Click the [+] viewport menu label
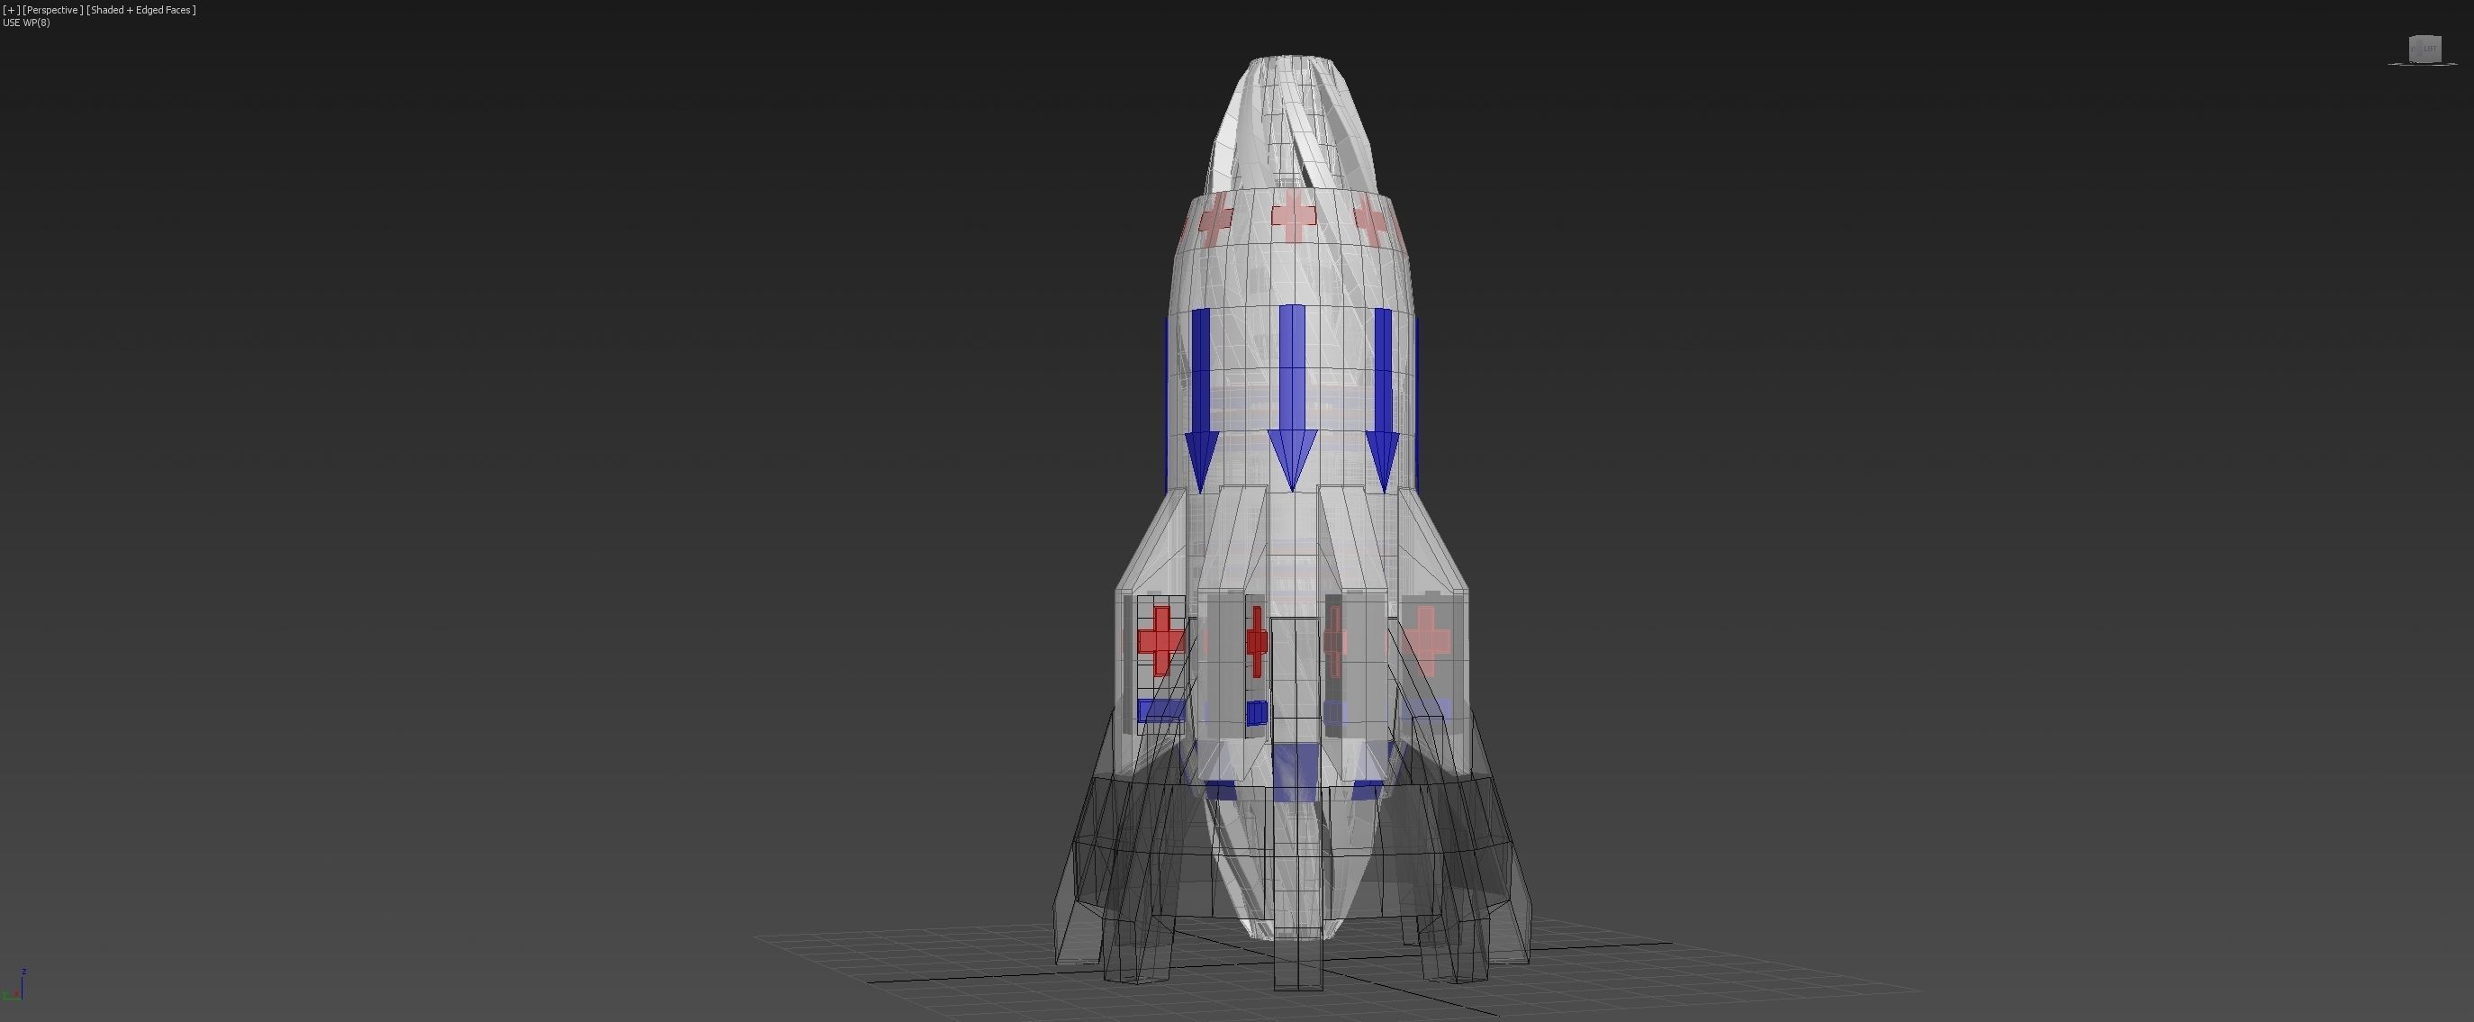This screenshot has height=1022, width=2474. point(11,10)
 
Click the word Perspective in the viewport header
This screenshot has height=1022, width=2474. point(52,10)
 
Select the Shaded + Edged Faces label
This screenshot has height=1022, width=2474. point(141,10)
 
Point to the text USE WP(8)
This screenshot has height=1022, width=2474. point(27,23)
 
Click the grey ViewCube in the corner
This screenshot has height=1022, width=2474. point(2425,49)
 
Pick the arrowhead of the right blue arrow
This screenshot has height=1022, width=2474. point(1382,459)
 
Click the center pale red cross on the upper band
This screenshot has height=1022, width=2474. point(1294,216)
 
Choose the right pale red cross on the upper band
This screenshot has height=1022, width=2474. point(1371,221)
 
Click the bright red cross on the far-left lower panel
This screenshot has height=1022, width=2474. point(1161,638)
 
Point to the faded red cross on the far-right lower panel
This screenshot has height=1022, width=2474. point(1426,638)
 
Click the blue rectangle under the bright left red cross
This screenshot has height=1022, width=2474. point(1161,710)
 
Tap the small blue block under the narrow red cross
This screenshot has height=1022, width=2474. point(1256,713)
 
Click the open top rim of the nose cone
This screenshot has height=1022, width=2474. point(1290,61)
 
